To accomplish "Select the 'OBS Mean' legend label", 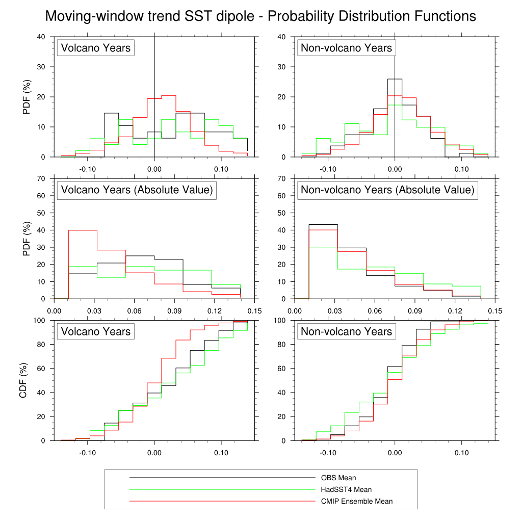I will pyautogui.click(x=338, y=478).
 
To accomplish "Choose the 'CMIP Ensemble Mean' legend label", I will pyautogui.click(x=356, y=502).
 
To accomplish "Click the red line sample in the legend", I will pyautogui.click(x=222, y=502).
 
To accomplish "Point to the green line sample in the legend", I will pyautogui.click(x=222, y=490).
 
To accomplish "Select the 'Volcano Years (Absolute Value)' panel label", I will pyautogui.click(x=137, y=190).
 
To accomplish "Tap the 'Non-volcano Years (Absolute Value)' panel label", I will pyautogui.click(x=387, y=190).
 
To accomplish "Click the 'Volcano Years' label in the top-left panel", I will pyautogui.click(x=96, y=48).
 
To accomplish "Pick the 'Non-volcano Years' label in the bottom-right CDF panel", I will pyautogui.click(x=347, y=332).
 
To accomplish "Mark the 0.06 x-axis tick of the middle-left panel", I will pyautogui.click(x=134, y=310).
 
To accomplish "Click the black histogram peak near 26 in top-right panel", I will pyautogui.click(x=395, y=79).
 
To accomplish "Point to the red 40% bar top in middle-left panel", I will pyautogui.click(x=83, y=230).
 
